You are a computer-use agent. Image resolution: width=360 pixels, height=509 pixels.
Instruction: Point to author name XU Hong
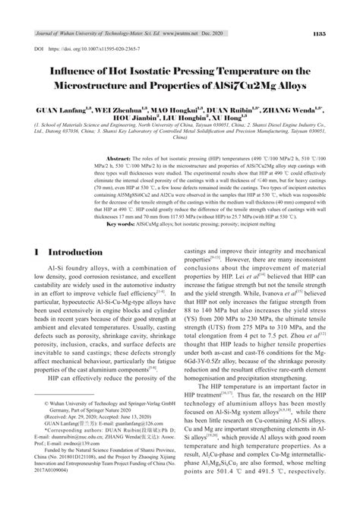click(230, 119)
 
